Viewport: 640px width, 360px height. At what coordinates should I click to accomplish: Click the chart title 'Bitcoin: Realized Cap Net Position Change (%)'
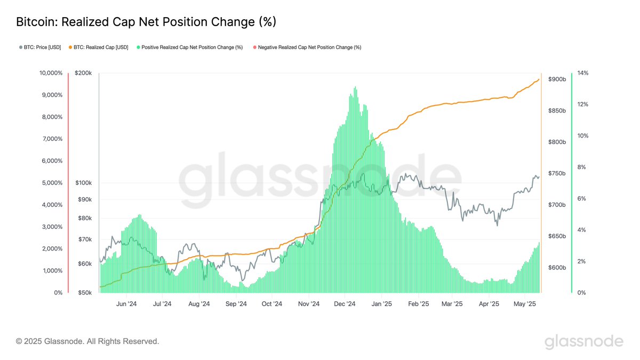click(x=146, y=22)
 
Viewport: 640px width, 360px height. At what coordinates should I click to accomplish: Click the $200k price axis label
click(x=84, y=73)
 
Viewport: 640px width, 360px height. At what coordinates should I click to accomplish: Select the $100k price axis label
click(x=84, y=183)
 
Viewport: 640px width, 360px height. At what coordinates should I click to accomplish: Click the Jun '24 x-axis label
click(x=126, y=304)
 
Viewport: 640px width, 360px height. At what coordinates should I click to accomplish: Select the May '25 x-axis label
click(x=525, y=304)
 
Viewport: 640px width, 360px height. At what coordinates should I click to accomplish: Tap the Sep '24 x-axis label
click(x=236, y=304)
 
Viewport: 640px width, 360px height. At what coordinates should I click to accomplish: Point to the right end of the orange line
click(x=539, y=79)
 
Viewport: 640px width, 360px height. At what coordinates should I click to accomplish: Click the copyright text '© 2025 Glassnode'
click(x=87, y=341)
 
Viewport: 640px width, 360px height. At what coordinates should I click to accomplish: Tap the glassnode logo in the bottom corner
click(x=583, y=341)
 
